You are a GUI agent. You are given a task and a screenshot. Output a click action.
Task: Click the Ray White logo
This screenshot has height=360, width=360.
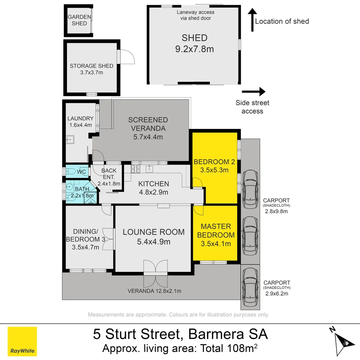22,341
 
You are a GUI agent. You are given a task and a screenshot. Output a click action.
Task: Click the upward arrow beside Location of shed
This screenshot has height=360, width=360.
252,20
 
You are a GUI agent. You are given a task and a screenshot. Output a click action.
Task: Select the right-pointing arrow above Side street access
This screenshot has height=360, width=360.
254,92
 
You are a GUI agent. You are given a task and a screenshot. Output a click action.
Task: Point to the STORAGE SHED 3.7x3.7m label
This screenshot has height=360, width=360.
92,69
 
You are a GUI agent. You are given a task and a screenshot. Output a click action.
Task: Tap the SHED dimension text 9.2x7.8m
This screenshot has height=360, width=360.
194,49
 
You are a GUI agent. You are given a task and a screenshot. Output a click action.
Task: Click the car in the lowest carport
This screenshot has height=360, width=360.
250,287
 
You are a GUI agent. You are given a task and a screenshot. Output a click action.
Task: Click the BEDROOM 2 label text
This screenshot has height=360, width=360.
214,162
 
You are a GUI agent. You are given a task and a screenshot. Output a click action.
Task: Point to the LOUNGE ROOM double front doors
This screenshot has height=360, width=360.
156,269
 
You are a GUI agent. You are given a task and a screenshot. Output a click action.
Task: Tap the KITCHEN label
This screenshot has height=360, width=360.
154,184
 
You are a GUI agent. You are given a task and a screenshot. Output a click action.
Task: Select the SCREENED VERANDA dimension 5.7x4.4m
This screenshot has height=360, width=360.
148,137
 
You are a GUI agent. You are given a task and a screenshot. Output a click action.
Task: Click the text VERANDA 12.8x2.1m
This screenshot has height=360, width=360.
154,291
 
